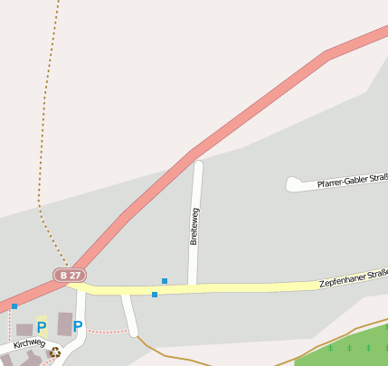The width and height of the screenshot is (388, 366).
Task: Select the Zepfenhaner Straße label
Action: pos(354,278)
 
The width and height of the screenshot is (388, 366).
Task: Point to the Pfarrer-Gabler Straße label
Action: pos(352,183)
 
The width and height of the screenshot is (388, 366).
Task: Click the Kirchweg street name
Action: pos(29,344)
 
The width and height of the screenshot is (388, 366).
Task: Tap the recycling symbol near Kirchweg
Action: pos(55,352)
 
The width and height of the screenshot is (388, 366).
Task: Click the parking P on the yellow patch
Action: pos(42,327)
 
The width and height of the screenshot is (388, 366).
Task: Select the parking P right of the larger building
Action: pos(78,326)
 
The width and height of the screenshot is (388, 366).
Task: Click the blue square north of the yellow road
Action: pos(164,281)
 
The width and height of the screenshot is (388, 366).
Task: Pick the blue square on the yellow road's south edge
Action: pos(155,295)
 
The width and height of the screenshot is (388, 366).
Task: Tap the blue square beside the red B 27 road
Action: pos(14,306)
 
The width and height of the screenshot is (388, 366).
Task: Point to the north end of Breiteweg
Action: pos(198,165)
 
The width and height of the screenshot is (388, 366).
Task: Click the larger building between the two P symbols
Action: pos(64,324)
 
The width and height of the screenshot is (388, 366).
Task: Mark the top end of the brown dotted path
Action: pos(58,3)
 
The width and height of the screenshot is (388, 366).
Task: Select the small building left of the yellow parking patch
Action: pos(24,330)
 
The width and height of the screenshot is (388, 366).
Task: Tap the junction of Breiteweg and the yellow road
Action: pos(193,287)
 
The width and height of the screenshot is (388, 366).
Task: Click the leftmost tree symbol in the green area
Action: pos(331,347)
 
